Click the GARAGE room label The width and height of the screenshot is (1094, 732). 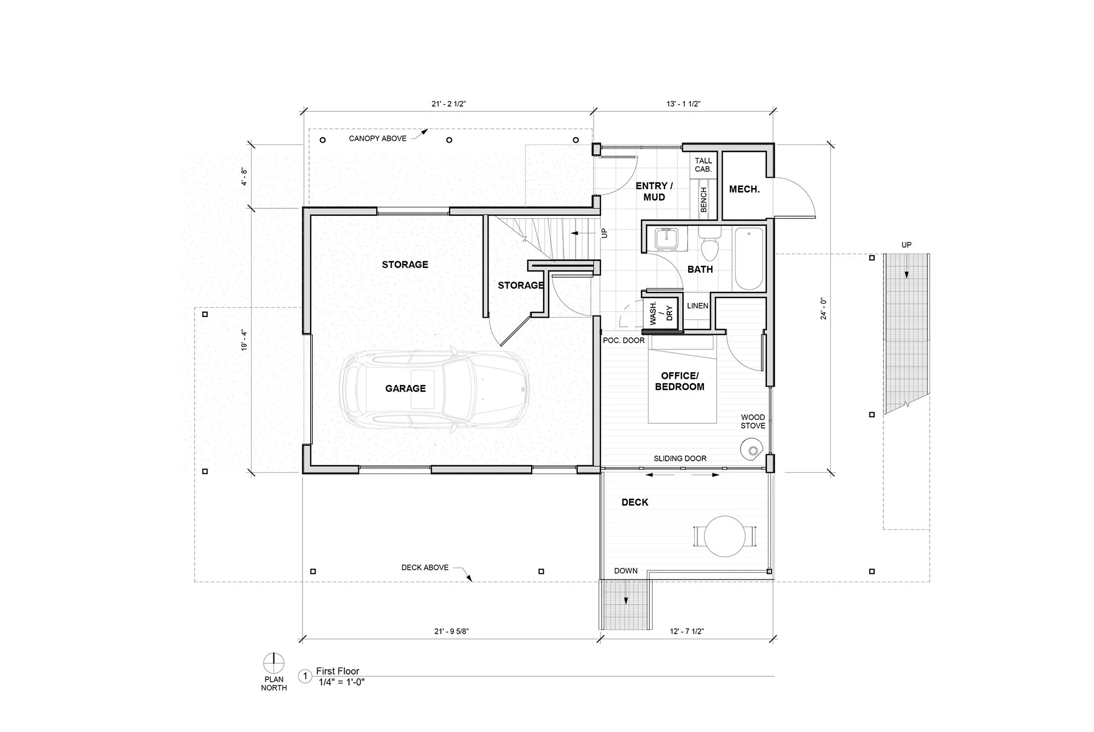(x=405, y=389)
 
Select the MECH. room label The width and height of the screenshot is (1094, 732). (x=744, y=189)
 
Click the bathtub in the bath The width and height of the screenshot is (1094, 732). (x=749, y=259)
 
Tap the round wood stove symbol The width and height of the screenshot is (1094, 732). (x=752, y=450)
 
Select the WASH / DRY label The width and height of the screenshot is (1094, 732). (x=660, y=313)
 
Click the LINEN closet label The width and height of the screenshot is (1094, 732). (x=697, y=306)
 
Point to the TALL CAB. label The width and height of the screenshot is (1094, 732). (x=703, y=165)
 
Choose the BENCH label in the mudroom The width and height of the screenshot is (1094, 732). (x=703, y=200)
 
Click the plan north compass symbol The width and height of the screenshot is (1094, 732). (x=273, y=663)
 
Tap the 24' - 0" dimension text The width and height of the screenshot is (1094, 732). (x=824, y=308)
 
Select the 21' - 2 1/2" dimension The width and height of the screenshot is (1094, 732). (x=449, y=104)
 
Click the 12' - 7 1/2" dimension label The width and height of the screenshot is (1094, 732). (x=687, y=631)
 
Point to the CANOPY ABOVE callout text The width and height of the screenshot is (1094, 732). (x=378, y=138)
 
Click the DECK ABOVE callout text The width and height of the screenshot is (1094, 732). (x=425, y=567)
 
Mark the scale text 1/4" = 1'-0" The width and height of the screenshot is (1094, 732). (x=342, y=682)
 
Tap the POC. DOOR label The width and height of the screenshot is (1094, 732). (x=624, y=341)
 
